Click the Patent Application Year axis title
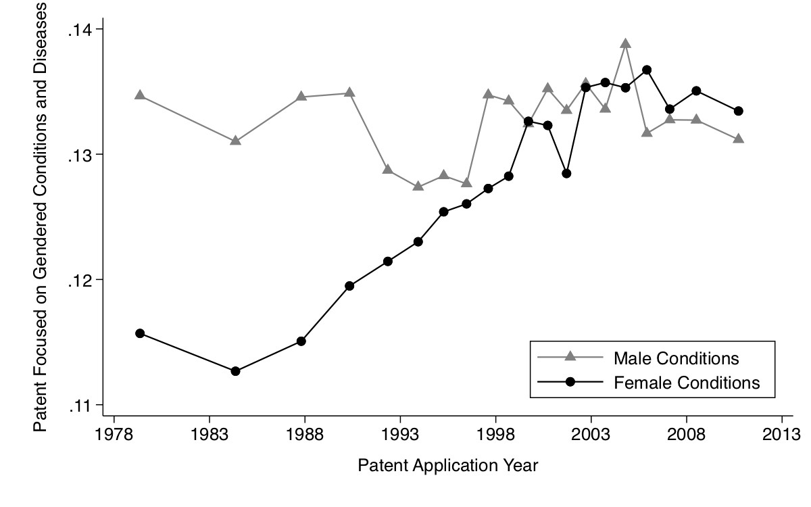click(x=447, y=466)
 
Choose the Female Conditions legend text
click(x=687, y=383)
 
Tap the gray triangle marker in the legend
click(x=570, y=356)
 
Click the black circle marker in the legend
click(x=570, y=382)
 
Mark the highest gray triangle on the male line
click(x=626, y=44)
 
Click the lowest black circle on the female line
click(x=235, y=371)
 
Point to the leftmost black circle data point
click(x=140, y=333)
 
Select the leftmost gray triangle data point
click(x=140, y=95)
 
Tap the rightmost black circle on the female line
click(x=739, y=111)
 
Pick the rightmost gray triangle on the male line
click(x=739, y=139)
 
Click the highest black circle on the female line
click(x=647, y=70)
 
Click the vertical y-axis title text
click(x=41, y=216)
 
